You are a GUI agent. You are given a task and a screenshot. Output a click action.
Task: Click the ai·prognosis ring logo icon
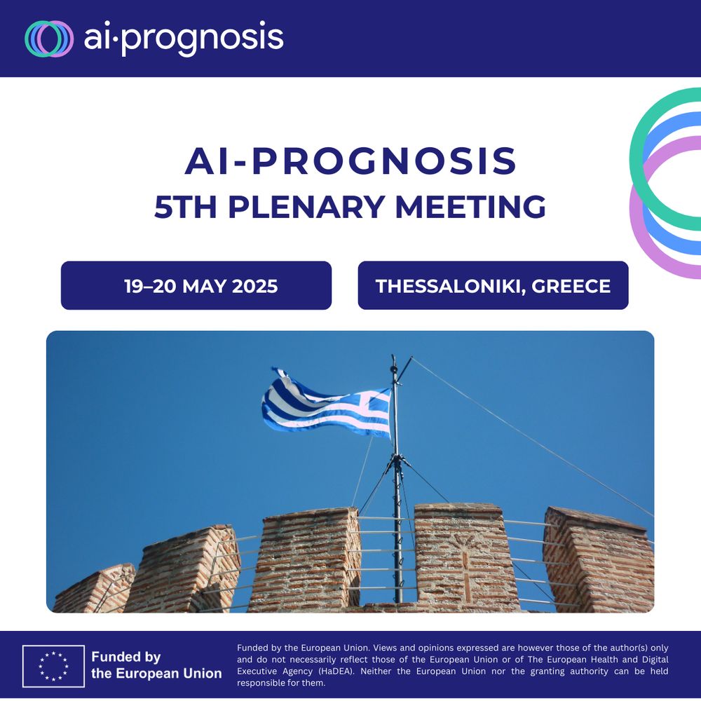[49, 39]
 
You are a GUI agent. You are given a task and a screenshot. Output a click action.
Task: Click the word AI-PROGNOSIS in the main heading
[351, 161]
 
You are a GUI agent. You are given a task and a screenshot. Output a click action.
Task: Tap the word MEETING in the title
[471, 207]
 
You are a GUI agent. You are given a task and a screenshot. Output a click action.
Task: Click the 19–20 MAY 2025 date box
[196, 285]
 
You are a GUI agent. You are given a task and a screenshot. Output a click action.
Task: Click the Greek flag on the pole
[327, 404]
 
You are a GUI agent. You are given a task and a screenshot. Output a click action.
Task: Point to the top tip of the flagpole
[393, 356]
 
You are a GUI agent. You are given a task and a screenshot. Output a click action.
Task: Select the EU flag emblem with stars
[53, 666]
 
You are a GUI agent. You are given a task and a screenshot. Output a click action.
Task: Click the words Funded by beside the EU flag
[126, 657]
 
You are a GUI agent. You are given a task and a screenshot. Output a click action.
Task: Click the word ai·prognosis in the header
[184, 39]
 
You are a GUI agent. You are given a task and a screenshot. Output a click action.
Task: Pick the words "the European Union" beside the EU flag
[156, 673]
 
